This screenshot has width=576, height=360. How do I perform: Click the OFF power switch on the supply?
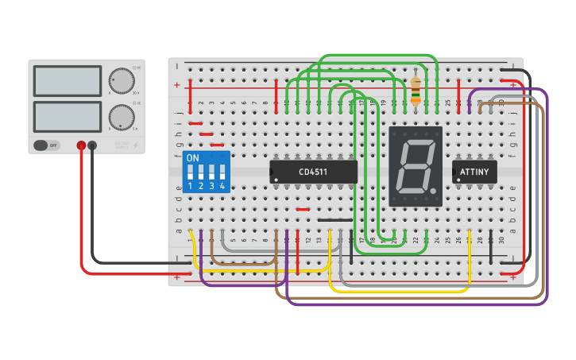(47, 145)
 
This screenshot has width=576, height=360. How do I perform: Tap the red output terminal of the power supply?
(81, 145)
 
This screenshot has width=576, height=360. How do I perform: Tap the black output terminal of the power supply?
(93, 145)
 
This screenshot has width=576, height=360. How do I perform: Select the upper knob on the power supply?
(122, 81)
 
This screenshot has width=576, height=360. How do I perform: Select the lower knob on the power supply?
(122, 117)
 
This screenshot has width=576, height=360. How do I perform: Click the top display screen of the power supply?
(68, 81)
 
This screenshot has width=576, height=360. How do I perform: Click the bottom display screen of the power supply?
(68, 117)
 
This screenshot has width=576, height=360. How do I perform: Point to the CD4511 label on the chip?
(313, 171)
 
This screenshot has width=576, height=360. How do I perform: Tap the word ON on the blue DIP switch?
(192, 158)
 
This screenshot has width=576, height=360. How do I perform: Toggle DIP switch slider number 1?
(191, 172)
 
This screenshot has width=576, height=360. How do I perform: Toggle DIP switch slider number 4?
(222, 172)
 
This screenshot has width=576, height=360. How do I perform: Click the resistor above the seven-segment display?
(416, 89)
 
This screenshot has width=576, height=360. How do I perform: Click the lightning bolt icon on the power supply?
(136, 145)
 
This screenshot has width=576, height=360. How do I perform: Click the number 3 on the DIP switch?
(211, 186)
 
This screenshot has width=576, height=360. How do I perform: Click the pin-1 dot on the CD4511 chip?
(275, 179)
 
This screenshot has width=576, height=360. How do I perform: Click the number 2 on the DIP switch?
(201, 186)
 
